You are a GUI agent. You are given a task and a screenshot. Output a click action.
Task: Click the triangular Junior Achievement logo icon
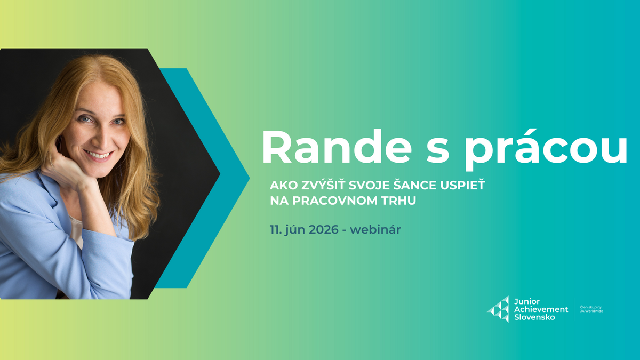tap(498, 309)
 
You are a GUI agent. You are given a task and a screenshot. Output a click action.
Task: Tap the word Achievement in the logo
tap(540, 309)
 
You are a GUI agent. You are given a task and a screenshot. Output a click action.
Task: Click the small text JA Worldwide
tap(591, 311)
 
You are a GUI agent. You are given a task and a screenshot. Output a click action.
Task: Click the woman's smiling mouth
tap(99, 155)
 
